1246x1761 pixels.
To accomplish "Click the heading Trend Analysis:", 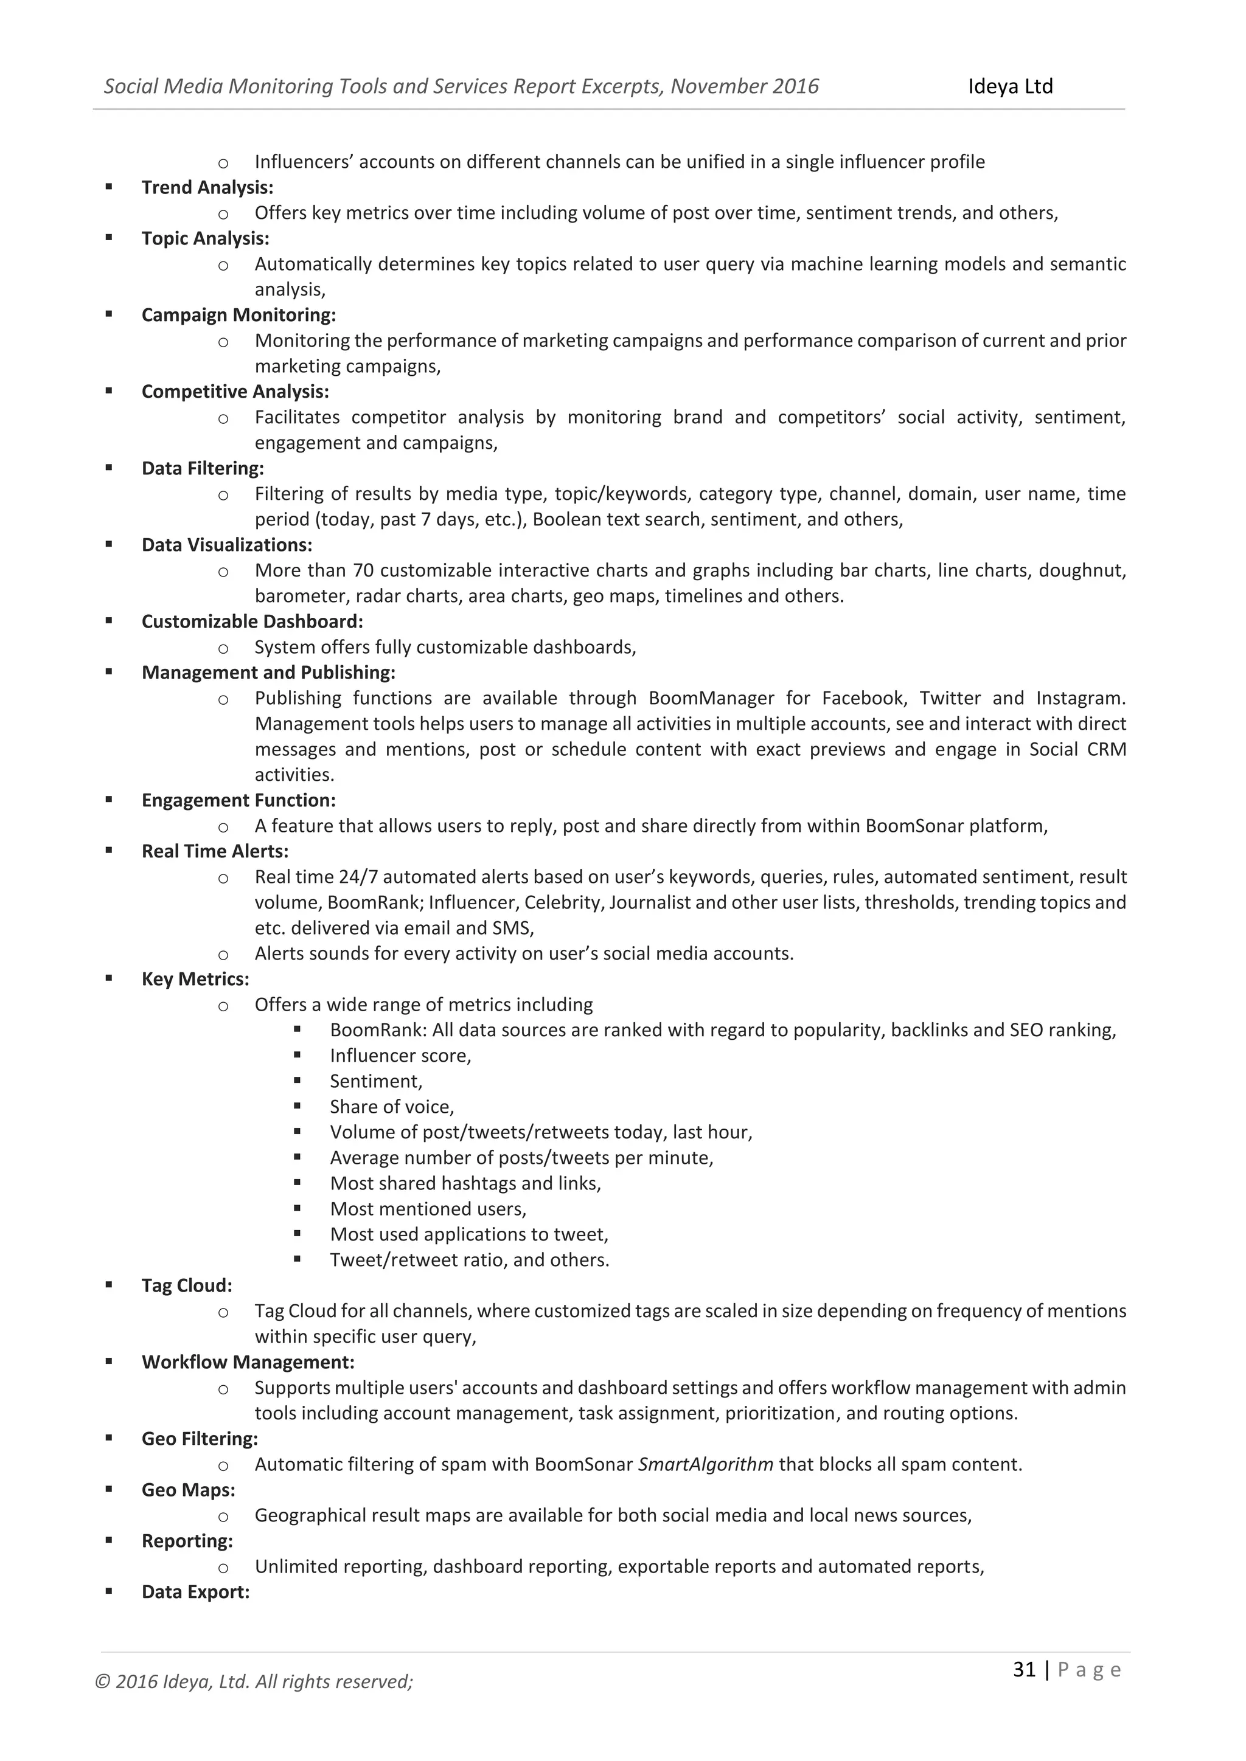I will [x=207, y=187].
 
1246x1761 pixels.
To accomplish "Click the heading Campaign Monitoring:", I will [x=238, y=314].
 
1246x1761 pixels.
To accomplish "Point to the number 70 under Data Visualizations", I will [x=363, y=570].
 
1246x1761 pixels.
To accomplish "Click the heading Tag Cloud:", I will [x=186, y=1285].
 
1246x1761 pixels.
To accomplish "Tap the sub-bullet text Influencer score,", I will [x=400, y=1056].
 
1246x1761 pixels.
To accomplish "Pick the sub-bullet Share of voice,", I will [x=392, y=1107].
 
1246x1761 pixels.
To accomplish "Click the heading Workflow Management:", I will [x=248, y=1362].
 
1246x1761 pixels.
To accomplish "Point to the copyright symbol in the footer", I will [x=102, y=1682].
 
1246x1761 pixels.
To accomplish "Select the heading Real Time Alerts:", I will [x=215, y=851].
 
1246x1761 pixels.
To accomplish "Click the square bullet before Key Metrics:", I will [x=109, y=978].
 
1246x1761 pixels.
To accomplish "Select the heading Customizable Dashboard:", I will [x=252, y=621].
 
